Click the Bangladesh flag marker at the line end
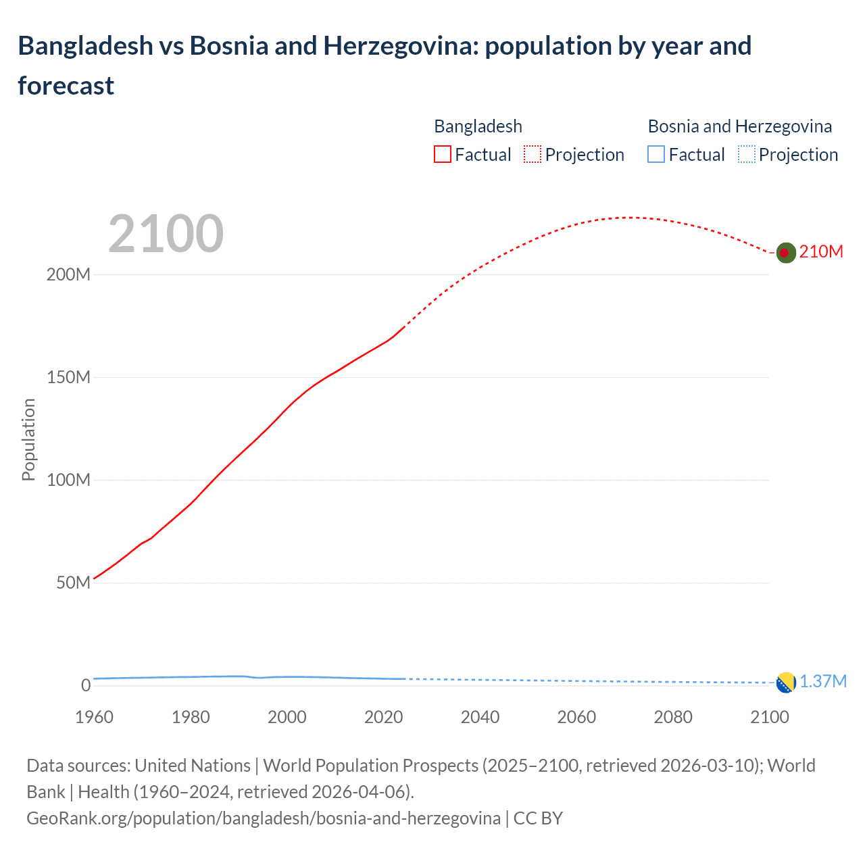click(x=785, y=253)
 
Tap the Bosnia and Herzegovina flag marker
click(x=785, y=683)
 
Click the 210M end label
click(x=821, y=252)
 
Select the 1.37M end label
click(x=823, y=681)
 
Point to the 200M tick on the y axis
click(x=68, y=275)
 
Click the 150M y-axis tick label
click(x=68, y=378)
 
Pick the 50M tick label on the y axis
click(x=73, y=583)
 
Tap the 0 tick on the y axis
click(x=85, y=685)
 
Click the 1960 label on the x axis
click(x=94, y=717)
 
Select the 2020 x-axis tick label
click(x=383, y=717)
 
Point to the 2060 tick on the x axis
click(x=576, y=717)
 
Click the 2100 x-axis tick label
click(x=769, y=717)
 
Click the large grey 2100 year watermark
click(x=166, y=234)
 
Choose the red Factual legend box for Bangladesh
click(x=442, y=155)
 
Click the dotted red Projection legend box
click(x=533, y=155)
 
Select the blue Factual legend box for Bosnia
click(x=656, y=155)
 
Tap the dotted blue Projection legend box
click(x=746, y=155)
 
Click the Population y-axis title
click(x=28, y=439)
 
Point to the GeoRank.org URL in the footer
click(x=264, y=818)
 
